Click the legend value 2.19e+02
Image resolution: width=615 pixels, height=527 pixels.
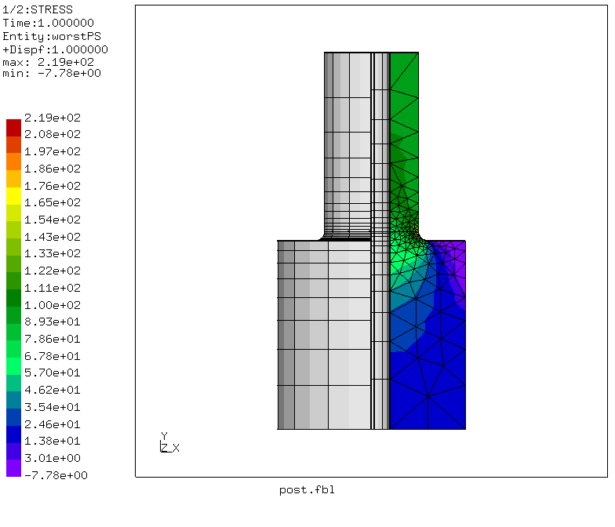click(x=52, y=118)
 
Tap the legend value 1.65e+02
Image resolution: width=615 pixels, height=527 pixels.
click(x=52, y=202)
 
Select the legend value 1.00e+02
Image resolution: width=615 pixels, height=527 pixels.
click(x=52, y=305)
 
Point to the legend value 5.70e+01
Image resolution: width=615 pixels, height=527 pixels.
click(x=52, y=373)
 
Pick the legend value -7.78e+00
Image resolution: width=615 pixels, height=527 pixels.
click(x=56, y=475)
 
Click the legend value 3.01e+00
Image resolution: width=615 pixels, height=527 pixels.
click(x=52, y=458)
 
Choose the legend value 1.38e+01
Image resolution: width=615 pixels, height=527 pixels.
click(x=52, y=441)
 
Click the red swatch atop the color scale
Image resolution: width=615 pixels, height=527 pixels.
click(x=14, y=128)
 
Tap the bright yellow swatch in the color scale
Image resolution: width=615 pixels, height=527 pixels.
click(x=14, y=196)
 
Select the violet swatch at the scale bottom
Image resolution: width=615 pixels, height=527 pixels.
click(x=14, y=468)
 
